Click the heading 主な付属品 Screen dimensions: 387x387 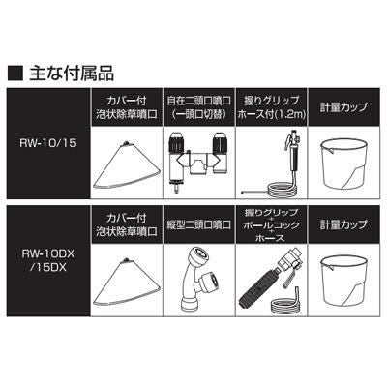[72, 74]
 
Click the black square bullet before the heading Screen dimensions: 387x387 [15, 74]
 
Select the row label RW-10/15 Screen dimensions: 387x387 [48, 143]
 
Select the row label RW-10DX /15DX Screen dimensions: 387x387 [48, 260]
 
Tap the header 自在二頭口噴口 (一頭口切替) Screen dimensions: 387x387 [198, 107]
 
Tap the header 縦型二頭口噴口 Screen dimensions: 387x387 [198, 224]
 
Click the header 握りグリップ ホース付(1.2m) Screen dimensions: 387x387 [271, 107]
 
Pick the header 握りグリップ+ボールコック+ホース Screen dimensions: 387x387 [271, 224]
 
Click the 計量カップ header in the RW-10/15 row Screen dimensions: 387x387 [343, 107]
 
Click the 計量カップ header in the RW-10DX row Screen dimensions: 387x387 [343, 224]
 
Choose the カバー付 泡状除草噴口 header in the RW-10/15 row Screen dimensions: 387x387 [127, 107]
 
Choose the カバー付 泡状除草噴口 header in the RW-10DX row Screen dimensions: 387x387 [127, 224]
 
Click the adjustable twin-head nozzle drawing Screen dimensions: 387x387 [198, 161]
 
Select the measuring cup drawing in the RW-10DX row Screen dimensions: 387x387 [343, 282]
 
